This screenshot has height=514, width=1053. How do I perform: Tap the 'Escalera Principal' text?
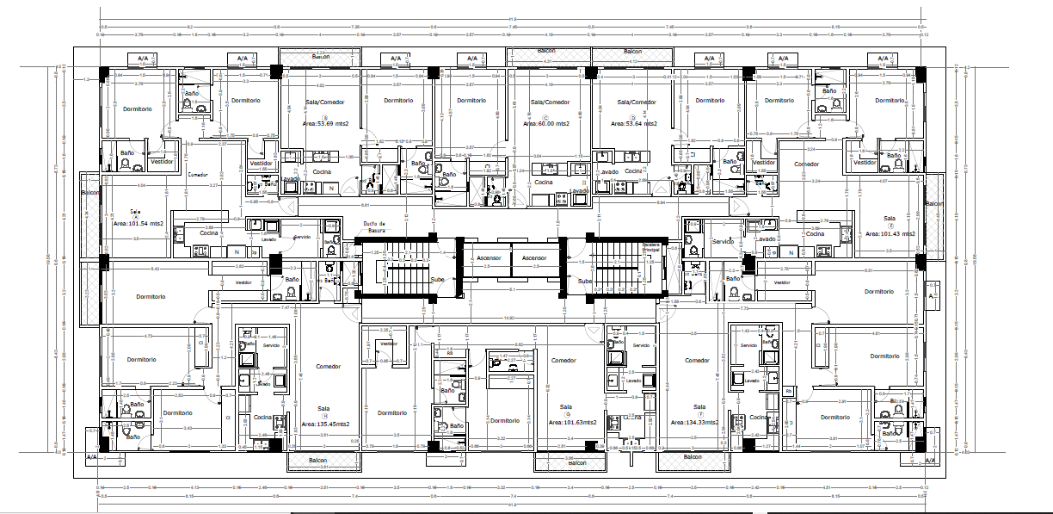click(x=650, y=247)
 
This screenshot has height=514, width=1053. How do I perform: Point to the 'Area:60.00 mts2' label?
click(x=545, y=123)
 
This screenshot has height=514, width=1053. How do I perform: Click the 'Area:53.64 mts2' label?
click(x=634, y=123)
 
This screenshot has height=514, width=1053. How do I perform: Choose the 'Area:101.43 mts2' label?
click(x=890, y=233)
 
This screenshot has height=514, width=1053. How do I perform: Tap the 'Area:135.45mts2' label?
click(x=325, y=424)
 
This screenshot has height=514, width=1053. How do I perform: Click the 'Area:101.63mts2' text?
click(x=573, y=423)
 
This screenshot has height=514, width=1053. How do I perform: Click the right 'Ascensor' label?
click(x=533, y=257)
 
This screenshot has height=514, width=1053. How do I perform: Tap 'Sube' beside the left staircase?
click(x=438, y=280)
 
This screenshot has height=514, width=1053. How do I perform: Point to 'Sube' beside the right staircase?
click(x=585, y=281)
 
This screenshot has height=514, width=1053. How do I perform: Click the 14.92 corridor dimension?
click(x=509, y=318)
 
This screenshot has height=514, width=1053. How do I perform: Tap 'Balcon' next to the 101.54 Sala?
click(x=90, y=193)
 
